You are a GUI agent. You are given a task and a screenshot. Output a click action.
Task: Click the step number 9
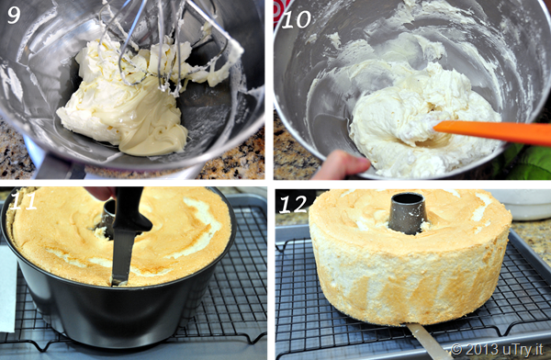[x=14, y=15]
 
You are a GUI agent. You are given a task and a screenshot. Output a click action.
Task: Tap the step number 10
[x=297, y=19]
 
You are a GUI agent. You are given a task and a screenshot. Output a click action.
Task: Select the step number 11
[x=24, y=201]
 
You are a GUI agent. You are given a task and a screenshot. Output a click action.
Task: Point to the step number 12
[x=293, y=205]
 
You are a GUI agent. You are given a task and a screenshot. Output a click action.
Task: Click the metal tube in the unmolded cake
[x=407, y=213]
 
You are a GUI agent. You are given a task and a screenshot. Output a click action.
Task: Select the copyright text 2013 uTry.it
[x=497, y=349]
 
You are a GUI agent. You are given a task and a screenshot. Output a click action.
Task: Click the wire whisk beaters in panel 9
[x=162, y=46]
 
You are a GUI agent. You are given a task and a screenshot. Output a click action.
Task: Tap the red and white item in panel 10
[x=281, y=11]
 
